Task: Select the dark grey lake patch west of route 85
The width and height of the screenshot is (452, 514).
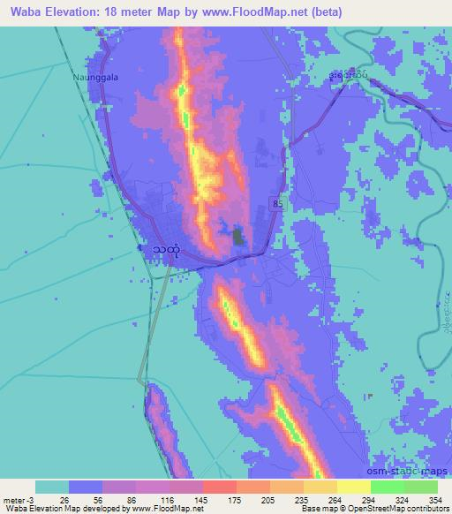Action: click(237, 236)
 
